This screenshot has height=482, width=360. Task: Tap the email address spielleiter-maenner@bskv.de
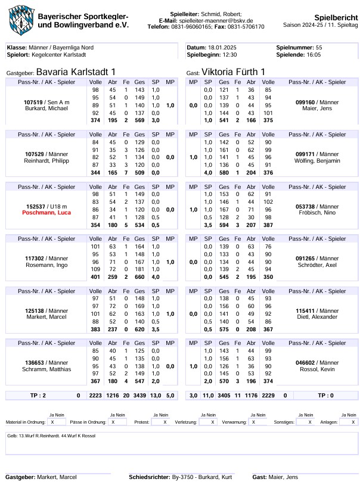coord(220,20)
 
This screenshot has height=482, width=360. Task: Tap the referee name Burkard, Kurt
coord(218,477)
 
